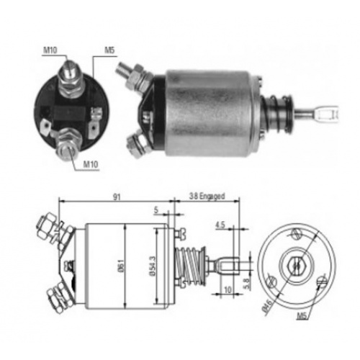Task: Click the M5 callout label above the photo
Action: point(109,50)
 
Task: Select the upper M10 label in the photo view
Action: point(50,50)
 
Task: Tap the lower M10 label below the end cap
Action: point(91,164)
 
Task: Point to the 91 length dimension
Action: point(117,197)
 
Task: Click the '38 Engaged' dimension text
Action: point(207,196)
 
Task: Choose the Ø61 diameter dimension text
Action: point(121,265)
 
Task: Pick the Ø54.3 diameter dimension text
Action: point(153,266)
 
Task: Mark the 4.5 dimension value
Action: point(220,225)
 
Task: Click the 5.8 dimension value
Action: point(247,284)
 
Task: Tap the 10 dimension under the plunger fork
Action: point(228,289)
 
